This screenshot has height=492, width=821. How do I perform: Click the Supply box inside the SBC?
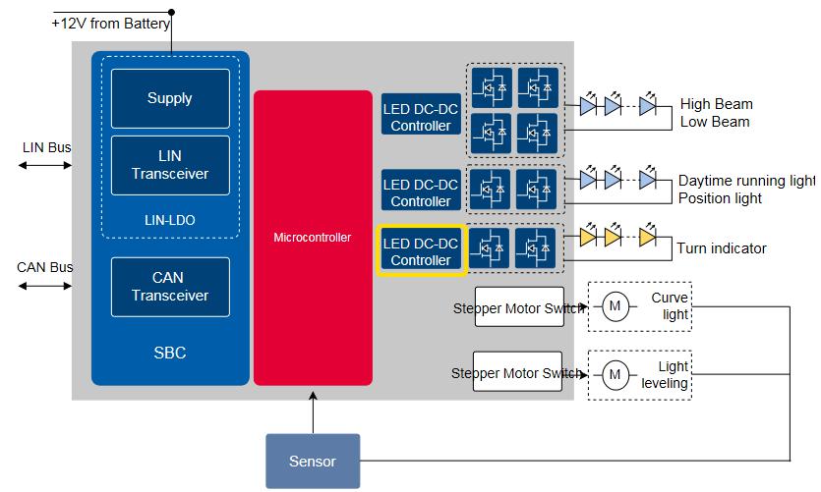pyautogui.click(x=170, y=98)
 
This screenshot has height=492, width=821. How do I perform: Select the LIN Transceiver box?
pyautogui.click(x=170, y=165)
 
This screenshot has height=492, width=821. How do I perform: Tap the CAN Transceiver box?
pyautogui.click(x=170, y=287)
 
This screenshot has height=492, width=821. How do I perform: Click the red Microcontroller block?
pyautogui.click(x=313, y=238)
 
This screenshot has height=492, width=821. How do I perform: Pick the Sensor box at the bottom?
pyautogui.click(x=313, y=461)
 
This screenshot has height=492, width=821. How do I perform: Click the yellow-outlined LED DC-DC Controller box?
pyautogui.click(x=421, y=251)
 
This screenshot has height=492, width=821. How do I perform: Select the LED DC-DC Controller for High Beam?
pyautogui.click(x=421, y=117)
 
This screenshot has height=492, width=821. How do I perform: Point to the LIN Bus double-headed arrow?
pyautogui.click(x=44, y=166)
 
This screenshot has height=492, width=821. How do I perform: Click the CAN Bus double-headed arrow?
pyautogui.click(x=44, y=286)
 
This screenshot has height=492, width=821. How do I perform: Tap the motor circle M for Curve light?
pyautogui.click(x=616, y=307)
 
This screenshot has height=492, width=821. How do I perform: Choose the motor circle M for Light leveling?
pyautogui.click(x=616, y=374)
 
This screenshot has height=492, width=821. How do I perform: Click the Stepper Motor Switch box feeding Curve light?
pyautogui.click(x=518, y=308)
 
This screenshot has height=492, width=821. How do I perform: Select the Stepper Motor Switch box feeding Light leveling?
pyautogui.click(x=518, y=372)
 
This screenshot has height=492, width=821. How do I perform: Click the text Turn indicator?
pyautogui.click(x=722, y=249)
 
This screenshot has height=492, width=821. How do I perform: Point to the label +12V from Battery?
pyautogui.click(x=111, y=24)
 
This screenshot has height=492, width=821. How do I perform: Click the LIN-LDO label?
pyautogui.click(x=170, y=220)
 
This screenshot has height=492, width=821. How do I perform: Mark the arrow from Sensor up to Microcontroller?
pyautogui.click(x=313, y=410)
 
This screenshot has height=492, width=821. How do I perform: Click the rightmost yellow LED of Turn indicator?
pyautogui.click(x=647, y=237)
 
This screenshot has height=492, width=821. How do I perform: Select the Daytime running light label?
pyautogui.click(x=746, y=181)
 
